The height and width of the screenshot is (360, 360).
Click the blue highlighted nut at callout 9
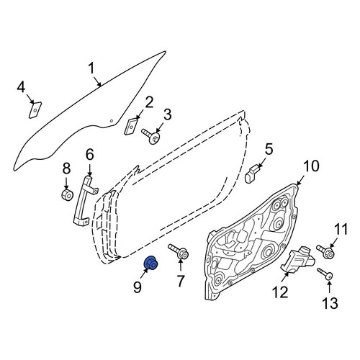150,263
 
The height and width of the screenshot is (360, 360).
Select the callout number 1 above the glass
91,68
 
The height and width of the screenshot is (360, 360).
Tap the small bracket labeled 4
35,110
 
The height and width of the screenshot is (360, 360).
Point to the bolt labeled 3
151,136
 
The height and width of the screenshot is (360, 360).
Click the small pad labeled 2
130,126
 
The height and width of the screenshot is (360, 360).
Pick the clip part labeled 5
251,174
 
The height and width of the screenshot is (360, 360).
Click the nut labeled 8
66,194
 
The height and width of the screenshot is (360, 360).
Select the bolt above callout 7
179,251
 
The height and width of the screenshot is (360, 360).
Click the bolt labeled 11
325,251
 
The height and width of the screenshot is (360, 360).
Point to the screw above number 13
325,274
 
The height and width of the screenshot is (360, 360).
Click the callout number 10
311,166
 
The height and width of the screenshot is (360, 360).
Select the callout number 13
330,302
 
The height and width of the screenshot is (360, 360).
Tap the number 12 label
279,292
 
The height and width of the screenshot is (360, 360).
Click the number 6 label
89,155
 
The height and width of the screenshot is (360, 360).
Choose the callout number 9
137,287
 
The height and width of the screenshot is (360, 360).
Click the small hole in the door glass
111,121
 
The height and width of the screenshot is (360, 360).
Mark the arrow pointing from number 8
66,184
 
